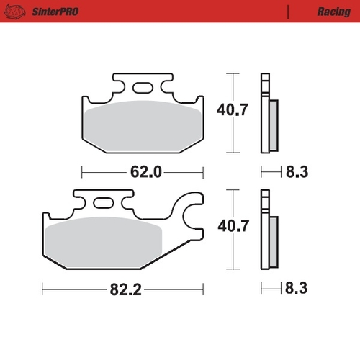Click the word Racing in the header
point(333,12)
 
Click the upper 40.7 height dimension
point(232,112)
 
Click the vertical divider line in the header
point(288,12)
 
